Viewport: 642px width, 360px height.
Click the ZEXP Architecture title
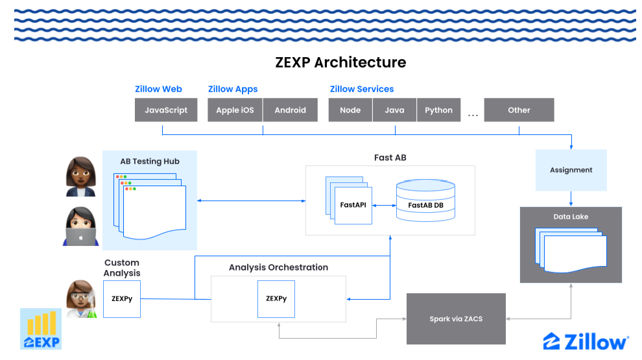pyautogui.click(x=340, y=62)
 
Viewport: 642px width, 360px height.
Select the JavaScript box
pyautogui.click(x=166, y=110)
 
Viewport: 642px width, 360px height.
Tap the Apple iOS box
pyautogui.click(x=235, y=110)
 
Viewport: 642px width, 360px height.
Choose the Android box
pyautogui.click(x=290, y=110)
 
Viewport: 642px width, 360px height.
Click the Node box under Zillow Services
pyautogui.click(x=350, y=110)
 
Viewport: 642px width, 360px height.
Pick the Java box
pyautogui.click(x=394, y=110)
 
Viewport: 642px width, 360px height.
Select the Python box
pyautogui.click(x=438, y=110)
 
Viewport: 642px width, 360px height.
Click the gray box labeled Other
pyautogui.click(x=519, y=110)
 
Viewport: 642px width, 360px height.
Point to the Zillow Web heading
pyautogui.click(x=158, y=89)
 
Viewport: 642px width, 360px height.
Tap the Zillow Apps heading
pyautogui.click(x=233, y=89)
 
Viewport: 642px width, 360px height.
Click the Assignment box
pyautogui.click(x=571, y=170)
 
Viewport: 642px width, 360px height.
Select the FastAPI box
pyautogui.click(x=353, y=205)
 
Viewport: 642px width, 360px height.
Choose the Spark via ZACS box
pyautogui.click(x=455, y=318)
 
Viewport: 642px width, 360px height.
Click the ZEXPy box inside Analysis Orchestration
pyautogui.click(x=276, y=299)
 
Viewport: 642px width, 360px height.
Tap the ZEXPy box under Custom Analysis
pyautogui.click(x=122, y=299)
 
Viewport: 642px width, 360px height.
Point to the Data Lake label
pyautogui.click(x=571, y=217)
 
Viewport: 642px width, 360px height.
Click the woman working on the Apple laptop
pyautogui.click(x=81, y=226)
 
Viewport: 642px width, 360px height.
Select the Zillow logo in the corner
pyautogui.click(x=586, y=341)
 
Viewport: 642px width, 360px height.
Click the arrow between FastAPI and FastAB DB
pyautogui.click(x=384, y=206)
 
